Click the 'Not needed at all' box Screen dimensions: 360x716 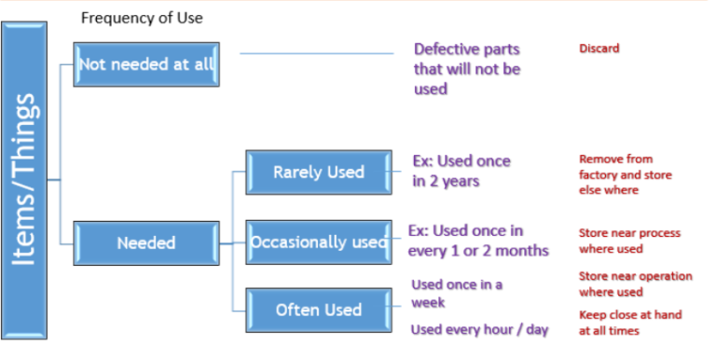point(146,63)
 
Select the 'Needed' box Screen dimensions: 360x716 point(146,243)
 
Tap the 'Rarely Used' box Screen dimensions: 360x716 point(318,173)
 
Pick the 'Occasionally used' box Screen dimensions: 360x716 point(318,242)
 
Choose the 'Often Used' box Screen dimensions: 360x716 point(318,310)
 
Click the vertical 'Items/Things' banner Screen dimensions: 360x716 point(30,179)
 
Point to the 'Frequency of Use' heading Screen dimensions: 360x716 point(141,18)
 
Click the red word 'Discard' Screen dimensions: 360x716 point(599,48)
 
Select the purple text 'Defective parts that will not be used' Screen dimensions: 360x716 point(467,69)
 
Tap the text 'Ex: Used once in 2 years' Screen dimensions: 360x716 point(461,171)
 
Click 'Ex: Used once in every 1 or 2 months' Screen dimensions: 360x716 point(478,241)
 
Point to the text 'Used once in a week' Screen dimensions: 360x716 point(456,293)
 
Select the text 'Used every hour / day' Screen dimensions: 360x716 point(479,329)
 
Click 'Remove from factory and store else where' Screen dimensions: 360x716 point(625,174)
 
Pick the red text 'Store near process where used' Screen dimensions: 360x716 point(629,241)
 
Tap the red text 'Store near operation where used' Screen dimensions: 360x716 point(635,284)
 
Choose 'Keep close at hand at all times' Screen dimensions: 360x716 point(630,323)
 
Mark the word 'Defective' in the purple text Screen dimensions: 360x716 point(447,49)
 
